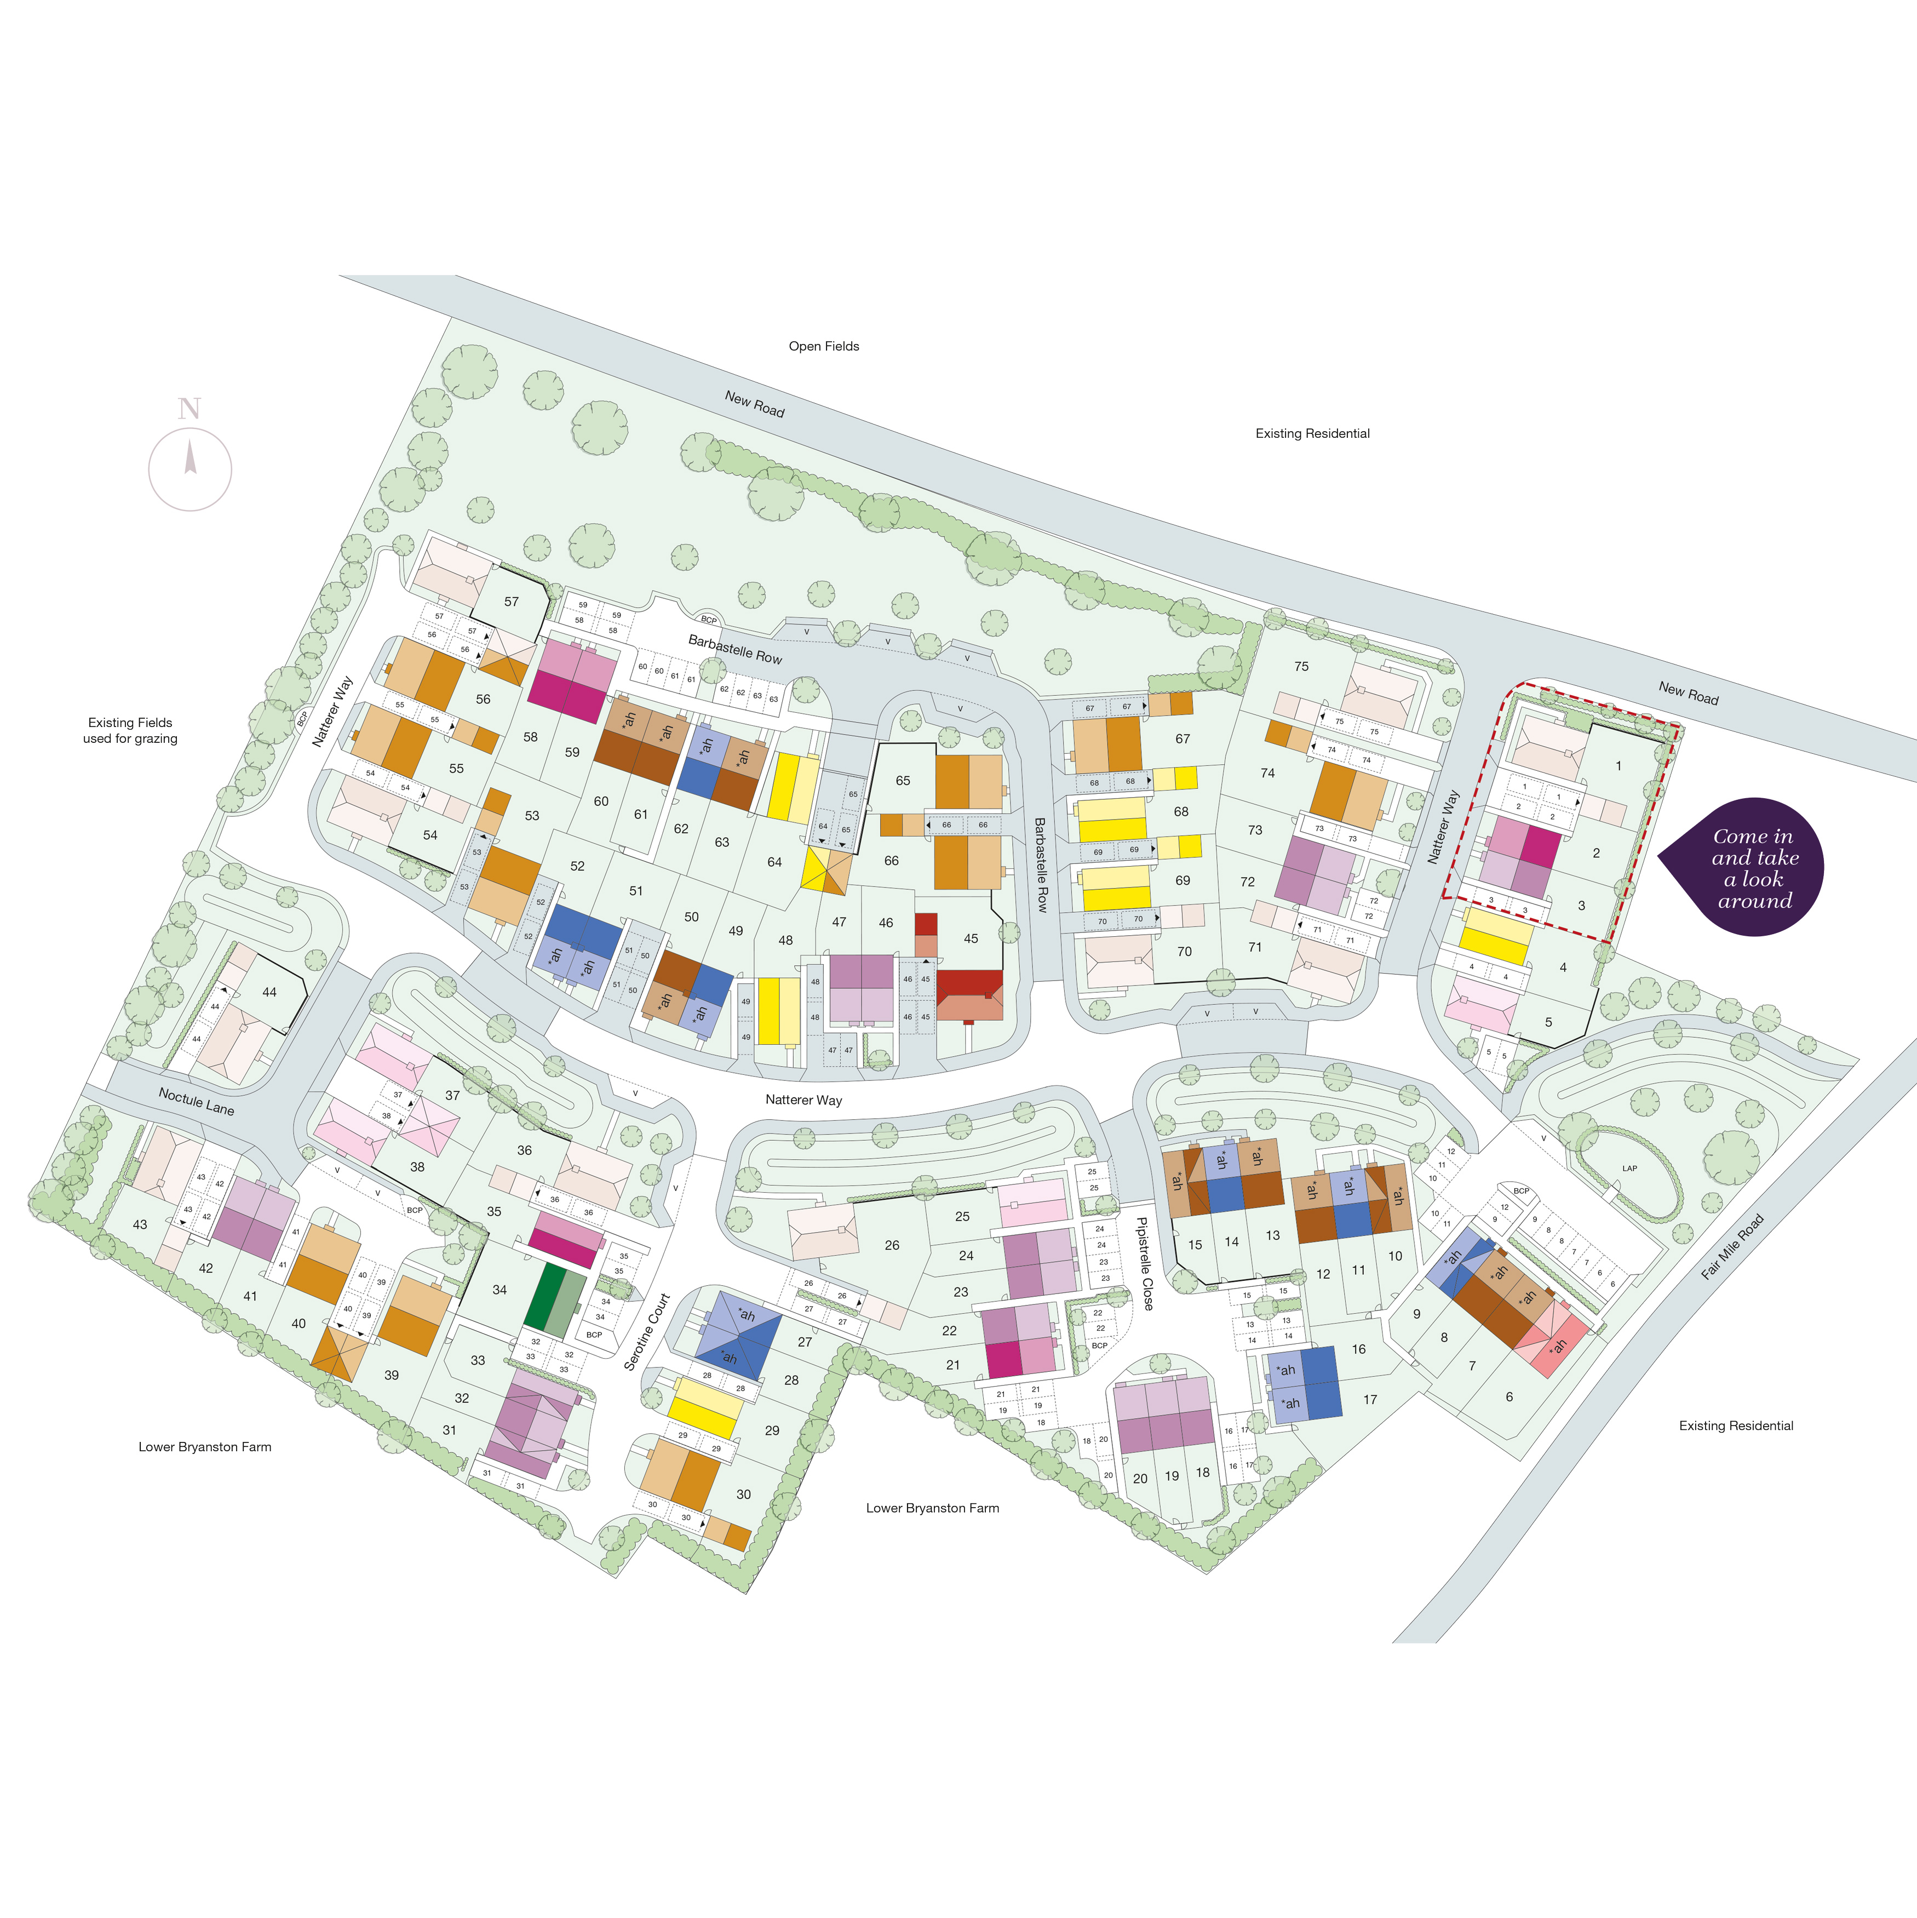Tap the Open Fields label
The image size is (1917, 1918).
tap(824, 346)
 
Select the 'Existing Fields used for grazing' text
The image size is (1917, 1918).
tap(130, 731)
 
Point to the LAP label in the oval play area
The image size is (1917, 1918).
tap(1629, 1169)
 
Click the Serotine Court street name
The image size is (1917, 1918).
tap(647, 1332)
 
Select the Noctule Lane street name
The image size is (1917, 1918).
tap(197, 1101)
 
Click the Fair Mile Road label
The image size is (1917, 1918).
tap(1732, 1247)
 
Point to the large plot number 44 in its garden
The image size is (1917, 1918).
tap(269, 992)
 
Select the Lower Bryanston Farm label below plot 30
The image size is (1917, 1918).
tap(932, 1508)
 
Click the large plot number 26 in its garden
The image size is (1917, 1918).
tap(892, 1245)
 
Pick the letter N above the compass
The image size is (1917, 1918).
tap(190, 408)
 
